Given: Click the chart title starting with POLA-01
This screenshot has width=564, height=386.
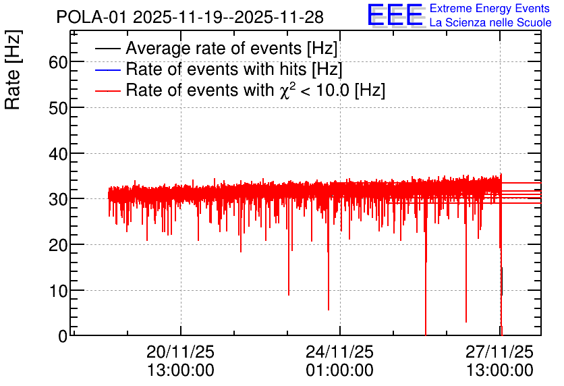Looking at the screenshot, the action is [190, 18].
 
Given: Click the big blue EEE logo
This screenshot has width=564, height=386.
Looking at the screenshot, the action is [395, 15].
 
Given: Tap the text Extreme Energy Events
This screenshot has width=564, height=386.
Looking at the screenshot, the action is [490, 8].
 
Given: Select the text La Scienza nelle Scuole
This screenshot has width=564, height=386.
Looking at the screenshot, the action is [490, 22].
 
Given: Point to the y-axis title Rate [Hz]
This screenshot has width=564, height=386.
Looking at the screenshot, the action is [13, 70].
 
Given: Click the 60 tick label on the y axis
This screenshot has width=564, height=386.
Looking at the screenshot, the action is [58, 62].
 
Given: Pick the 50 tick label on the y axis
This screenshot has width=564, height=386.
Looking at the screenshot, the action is [58, 108].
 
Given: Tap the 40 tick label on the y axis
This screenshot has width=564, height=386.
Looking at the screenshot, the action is [58, 154].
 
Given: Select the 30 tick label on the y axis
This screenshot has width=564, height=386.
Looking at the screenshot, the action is [58, 199].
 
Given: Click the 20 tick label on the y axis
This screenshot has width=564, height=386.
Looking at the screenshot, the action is [58, 245].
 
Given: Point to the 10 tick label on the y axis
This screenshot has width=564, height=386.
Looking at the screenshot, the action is [58, 291].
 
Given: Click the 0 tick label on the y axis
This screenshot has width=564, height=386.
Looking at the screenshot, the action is [63, 336].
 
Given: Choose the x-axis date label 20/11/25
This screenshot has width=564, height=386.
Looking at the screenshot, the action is [180, 352].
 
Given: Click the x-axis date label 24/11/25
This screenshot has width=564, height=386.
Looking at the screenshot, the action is [339, 352].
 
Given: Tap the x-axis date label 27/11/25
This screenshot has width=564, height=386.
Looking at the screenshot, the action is [499, 352].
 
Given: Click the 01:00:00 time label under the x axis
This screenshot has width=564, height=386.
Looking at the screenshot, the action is [339, 370].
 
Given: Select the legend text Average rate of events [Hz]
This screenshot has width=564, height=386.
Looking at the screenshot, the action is [231, 49].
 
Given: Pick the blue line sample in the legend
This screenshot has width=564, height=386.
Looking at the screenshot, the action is [107, 70].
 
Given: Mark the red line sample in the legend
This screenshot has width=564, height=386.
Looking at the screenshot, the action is [107, 90].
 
